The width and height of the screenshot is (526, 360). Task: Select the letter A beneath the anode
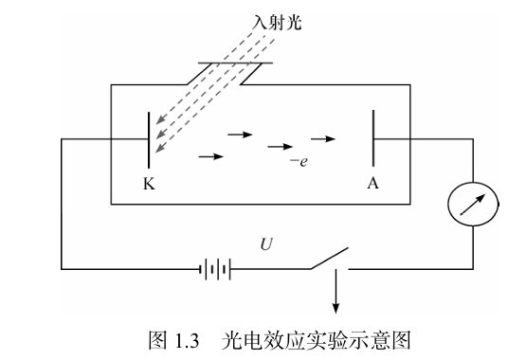[372, 184]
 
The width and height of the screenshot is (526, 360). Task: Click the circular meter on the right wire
[471, 207]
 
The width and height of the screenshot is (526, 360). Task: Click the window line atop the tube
[234, 64]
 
